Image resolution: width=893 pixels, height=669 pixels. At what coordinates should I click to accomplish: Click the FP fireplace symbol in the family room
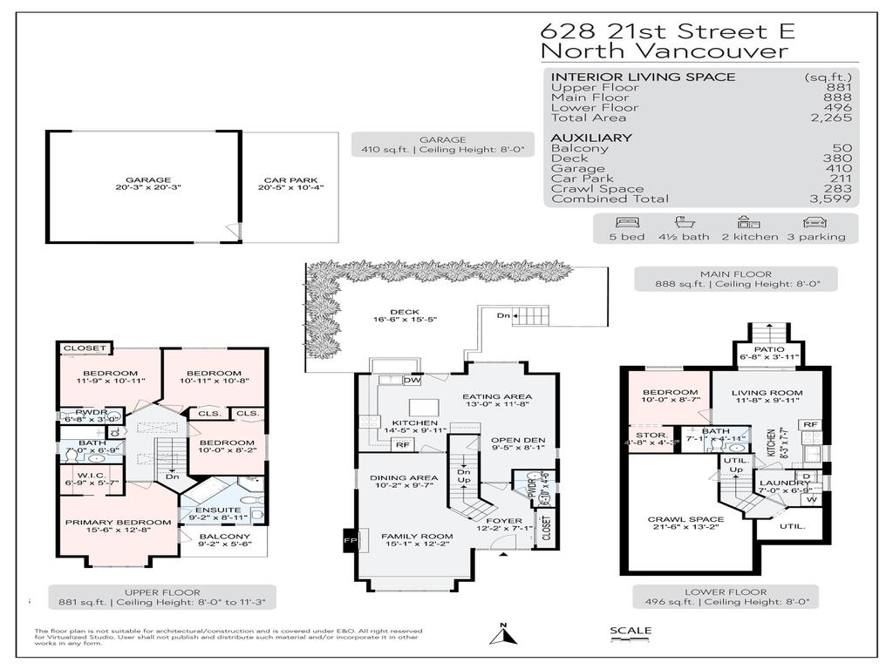350,540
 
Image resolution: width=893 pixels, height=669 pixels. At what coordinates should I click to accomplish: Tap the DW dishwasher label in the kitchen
412,380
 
